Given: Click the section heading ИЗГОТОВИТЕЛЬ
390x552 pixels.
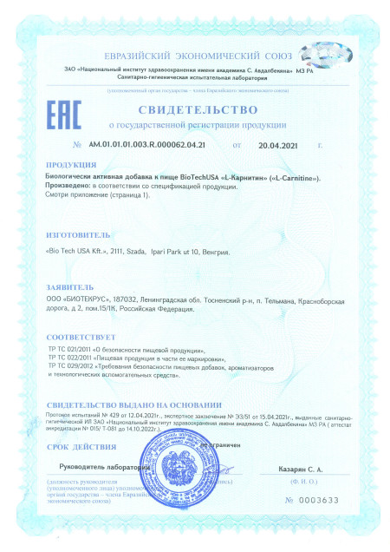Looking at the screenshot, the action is click(x=78, y=234).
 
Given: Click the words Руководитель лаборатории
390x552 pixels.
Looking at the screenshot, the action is click(x=103, y=467).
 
